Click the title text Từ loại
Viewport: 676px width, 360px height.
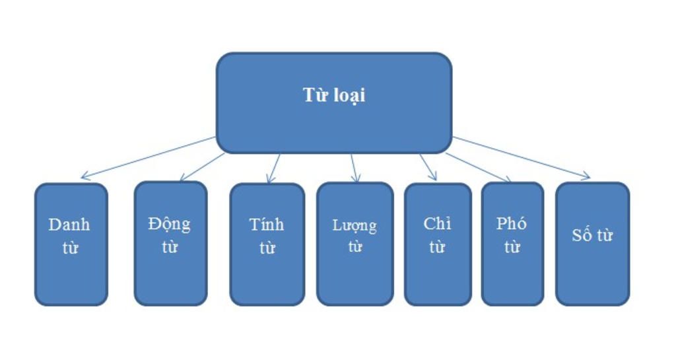point(334,95)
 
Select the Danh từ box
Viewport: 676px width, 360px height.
point(71,244)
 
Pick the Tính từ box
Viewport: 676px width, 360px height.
point(267,244)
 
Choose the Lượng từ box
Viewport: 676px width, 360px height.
point(355,244)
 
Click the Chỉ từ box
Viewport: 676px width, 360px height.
point(437,244)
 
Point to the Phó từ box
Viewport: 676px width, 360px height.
point(512,244)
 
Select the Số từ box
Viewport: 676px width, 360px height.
point(592,244)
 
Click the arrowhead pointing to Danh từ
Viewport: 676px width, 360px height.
point(83,177)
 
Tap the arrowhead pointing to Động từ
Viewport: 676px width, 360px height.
point(182,178)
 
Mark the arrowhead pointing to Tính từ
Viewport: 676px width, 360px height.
point(269,180)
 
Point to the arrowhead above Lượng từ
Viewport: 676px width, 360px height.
point(356,180)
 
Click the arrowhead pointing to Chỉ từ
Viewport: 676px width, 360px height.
point(434,178)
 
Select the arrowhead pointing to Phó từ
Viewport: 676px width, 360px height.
point(508,180)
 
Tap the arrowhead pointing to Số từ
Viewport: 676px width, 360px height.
point(588,177)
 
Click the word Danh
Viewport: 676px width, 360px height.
point(69,225)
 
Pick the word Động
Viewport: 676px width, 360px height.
point(170,223)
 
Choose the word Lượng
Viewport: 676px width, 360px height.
point(355,226)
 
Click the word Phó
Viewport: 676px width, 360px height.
point(512,223)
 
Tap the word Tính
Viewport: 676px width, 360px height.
point(267,225)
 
